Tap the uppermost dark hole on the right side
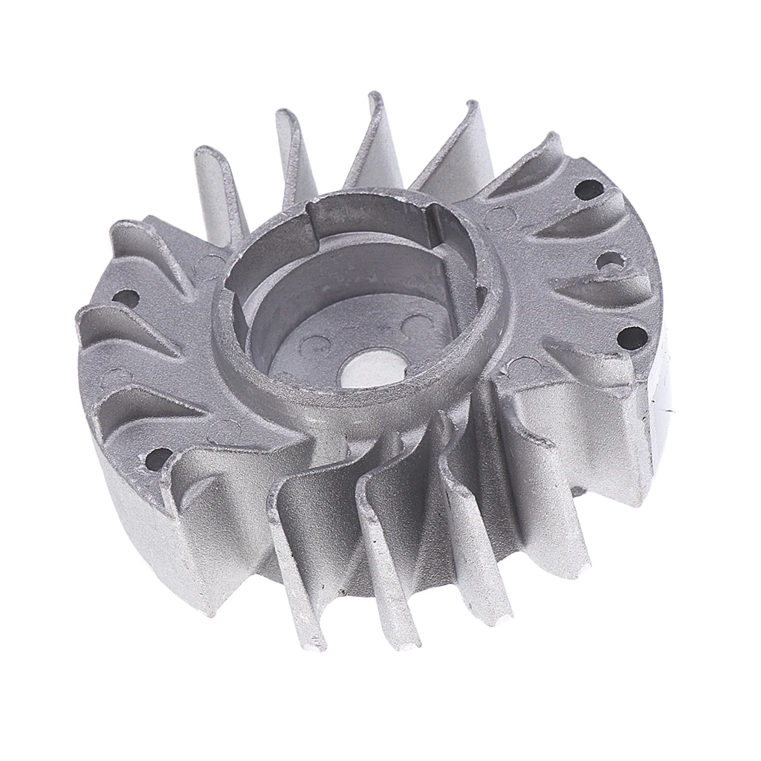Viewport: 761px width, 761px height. click(589, 190)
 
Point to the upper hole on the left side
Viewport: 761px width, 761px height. click(127, 299)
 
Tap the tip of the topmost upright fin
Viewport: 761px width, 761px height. click(375, 100)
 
